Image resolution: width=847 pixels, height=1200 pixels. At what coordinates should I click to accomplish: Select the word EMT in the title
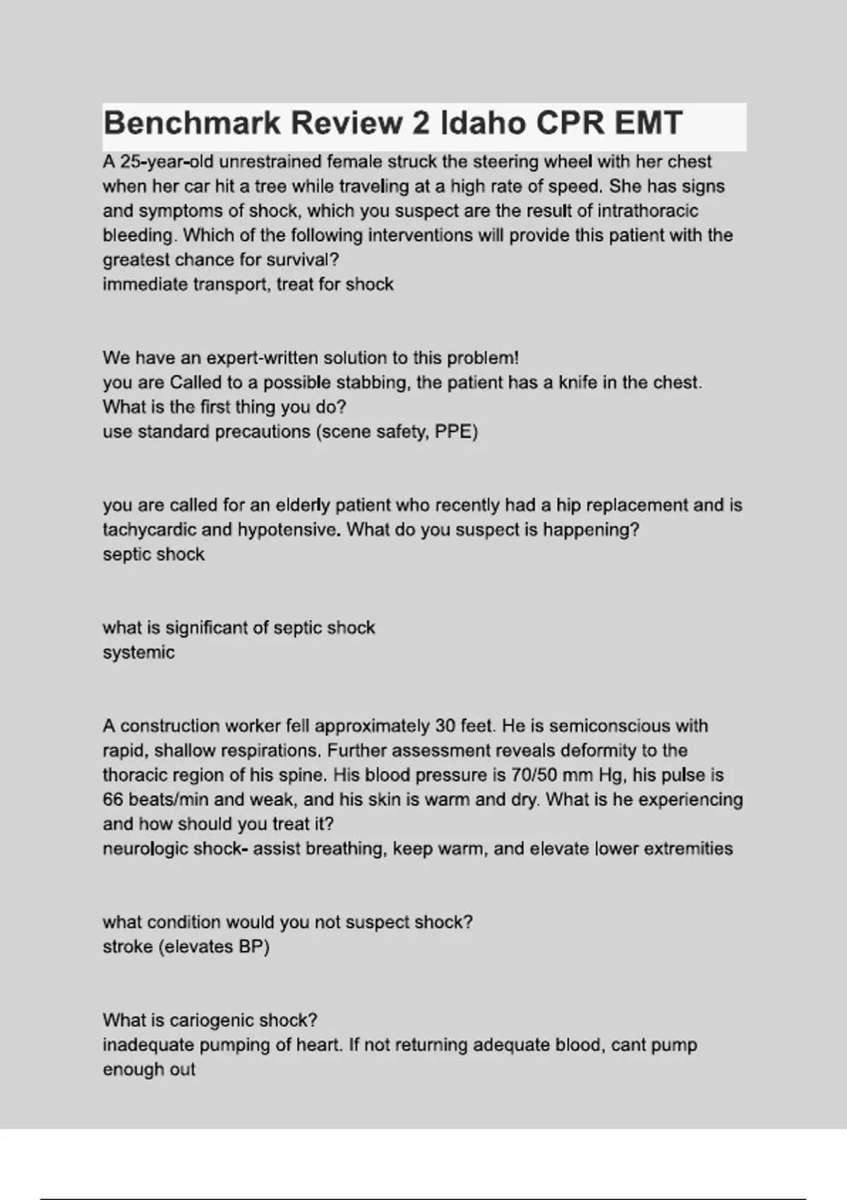coord(648,124)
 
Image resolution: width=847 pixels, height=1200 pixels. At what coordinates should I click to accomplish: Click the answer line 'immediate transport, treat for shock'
coord(248,284)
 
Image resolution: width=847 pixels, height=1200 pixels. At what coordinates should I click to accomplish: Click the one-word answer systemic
coord(138,652)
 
